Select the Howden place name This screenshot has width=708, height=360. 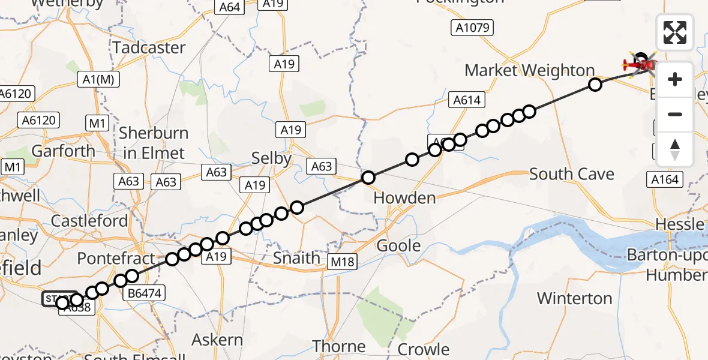404,197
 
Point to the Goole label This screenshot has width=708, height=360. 398,245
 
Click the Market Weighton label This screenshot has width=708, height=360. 529,70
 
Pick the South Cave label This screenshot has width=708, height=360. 572,175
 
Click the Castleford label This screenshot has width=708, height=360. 89,220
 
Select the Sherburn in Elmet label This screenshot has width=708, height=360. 154,143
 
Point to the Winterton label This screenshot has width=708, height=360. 574,298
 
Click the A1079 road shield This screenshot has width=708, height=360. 472,27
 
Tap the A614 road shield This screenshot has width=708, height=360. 467,100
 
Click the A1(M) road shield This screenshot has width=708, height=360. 100,79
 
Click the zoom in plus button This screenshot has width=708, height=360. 675,79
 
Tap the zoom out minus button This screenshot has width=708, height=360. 675,114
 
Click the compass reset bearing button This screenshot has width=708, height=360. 675,149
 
